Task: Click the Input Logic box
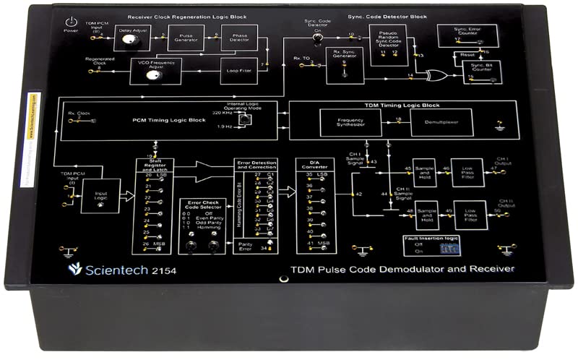[99, 194]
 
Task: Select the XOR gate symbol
[434, 75]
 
